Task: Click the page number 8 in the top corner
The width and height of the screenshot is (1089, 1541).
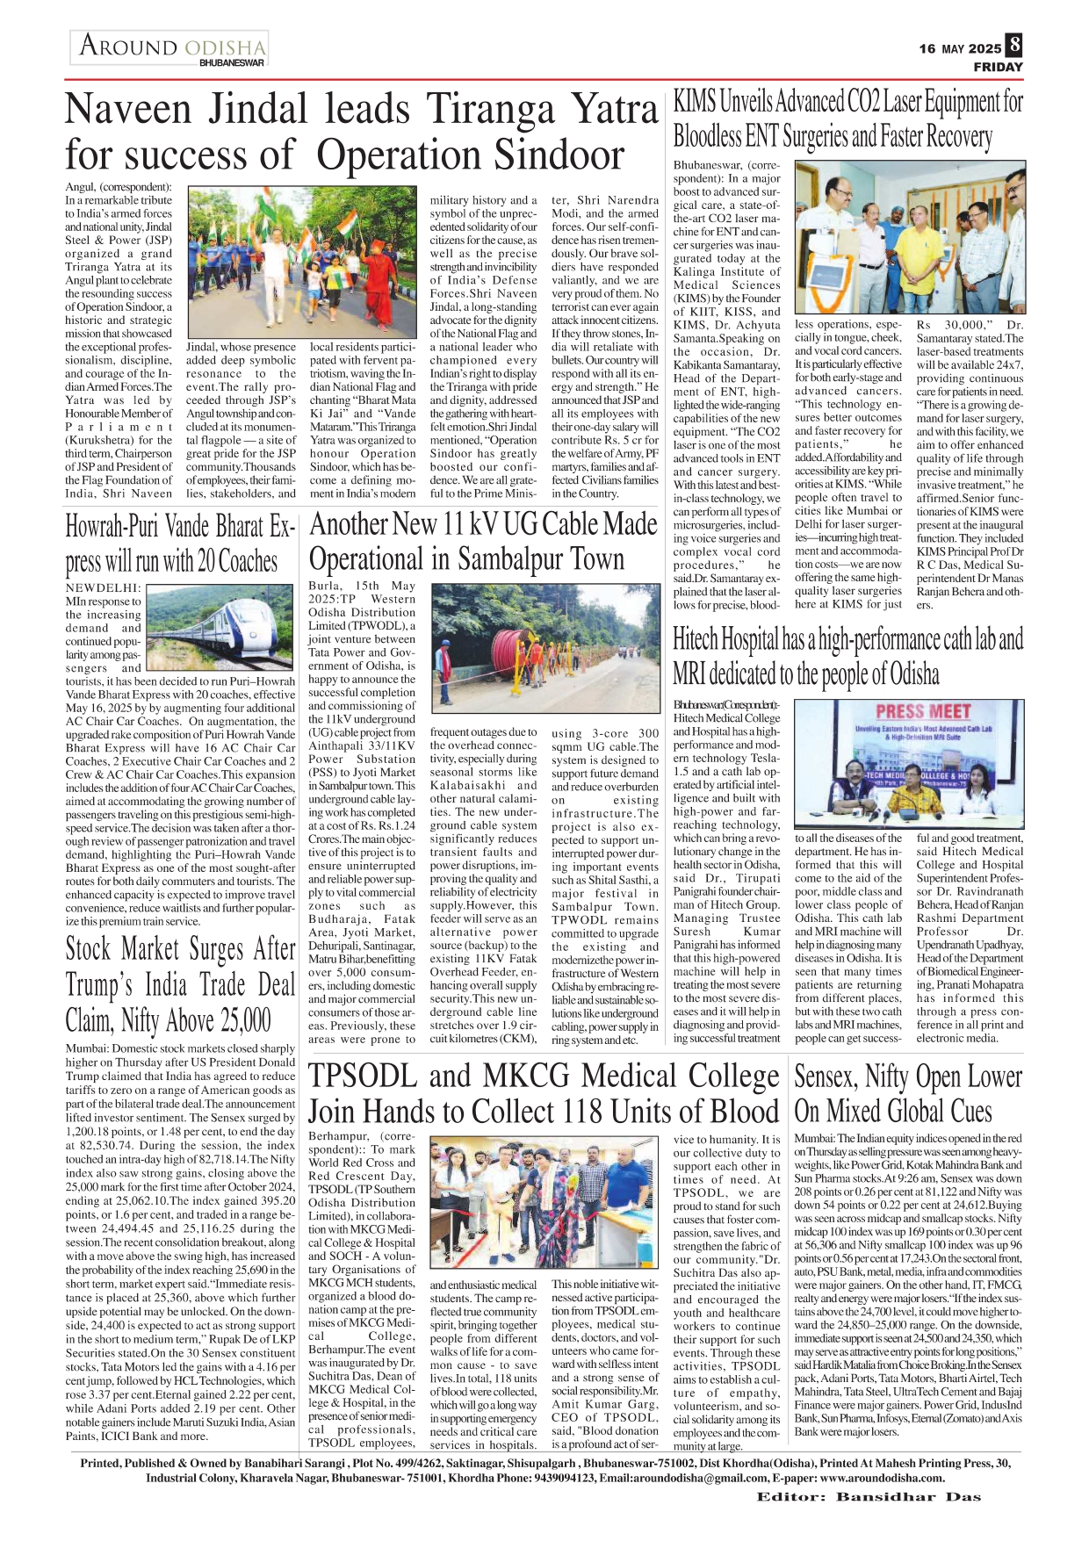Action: pyautogui.click(x=1014, y=45)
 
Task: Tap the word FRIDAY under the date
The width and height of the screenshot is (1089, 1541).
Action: pyautogui.click(x=998, y=67)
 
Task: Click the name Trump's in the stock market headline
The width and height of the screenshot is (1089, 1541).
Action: pyautogui.click(x=104, y=984)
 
